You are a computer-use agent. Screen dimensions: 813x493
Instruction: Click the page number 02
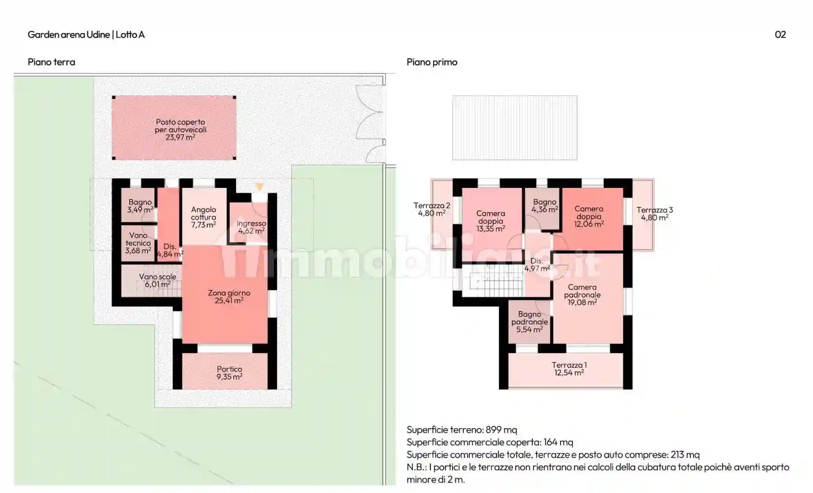[780, 34]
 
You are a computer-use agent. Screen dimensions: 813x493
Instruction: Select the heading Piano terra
[51, 62]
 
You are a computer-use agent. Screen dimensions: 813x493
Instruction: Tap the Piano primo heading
[432, 62]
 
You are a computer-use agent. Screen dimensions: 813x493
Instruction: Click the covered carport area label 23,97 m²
[181, 138]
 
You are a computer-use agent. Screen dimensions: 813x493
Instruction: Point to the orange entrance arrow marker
[259, 187]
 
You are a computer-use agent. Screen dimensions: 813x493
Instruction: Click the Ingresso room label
[251, 223]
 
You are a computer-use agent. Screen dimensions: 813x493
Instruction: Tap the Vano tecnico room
[138, 243]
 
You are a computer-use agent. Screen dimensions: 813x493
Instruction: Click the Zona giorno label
[229, 293]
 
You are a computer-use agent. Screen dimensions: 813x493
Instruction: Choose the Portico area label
[229, 369]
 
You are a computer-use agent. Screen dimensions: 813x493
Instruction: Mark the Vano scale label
[158, 277]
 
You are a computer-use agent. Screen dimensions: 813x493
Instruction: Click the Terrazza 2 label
[432, 206]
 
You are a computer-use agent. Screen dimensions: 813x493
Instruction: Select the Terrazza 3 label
[655, 210]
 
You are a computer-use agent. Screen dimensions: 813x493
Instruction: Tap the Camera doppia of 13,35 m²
[491, 221]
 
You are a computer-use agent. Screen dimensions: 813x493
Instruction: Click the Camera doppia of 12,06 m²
[589, 216]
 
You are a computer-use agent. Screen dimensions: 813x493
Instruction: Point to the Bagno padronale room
[529, 322]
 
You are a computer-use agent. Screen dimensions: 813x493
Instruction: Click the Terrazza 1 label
[569, 365]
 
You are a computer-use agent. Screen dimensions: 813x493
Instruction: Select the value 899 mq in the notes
[501, 430]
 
